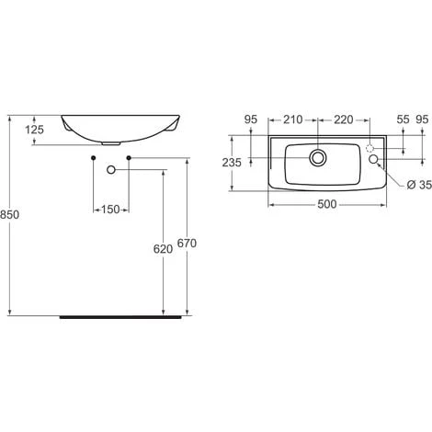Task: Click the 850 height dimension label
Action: coord(9,214)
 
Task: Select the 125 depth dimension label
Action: coord(34,130)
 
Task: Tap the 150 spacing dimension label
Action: coord(110,210)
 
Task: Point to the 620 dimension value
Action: coord(163,249)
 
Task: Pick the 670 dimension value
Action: coord(187,244)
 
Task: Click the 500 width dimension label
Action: coord(327,204)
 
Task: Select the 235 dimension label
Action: coord(232,163)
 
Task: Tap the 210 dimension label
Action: coord(293,119)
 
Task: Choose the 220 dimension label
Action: coord(344,119)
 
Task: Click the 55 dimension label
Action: coord(403,119)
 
